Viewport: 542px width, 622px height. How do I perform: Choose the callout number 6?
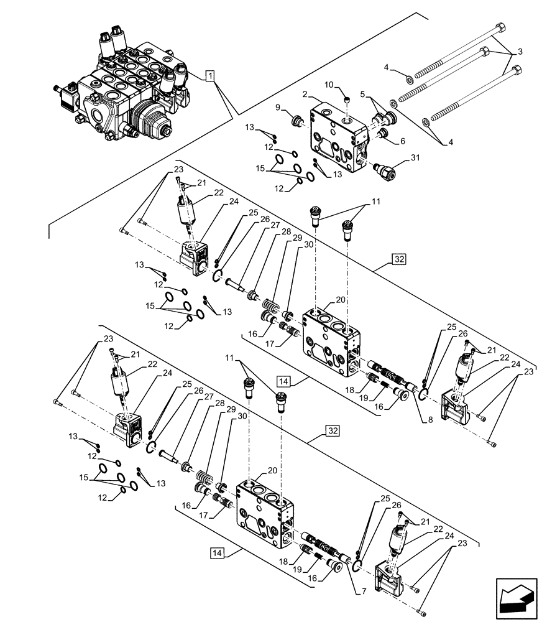pyautogui.click(x=402, y=141)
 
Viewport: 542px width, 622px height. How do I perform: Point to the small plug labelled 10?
pyautogui.click(x=349, y=98)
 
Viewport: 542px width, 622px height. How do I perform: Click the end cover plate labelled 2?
pyautogui.click(x=339, y=137)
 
